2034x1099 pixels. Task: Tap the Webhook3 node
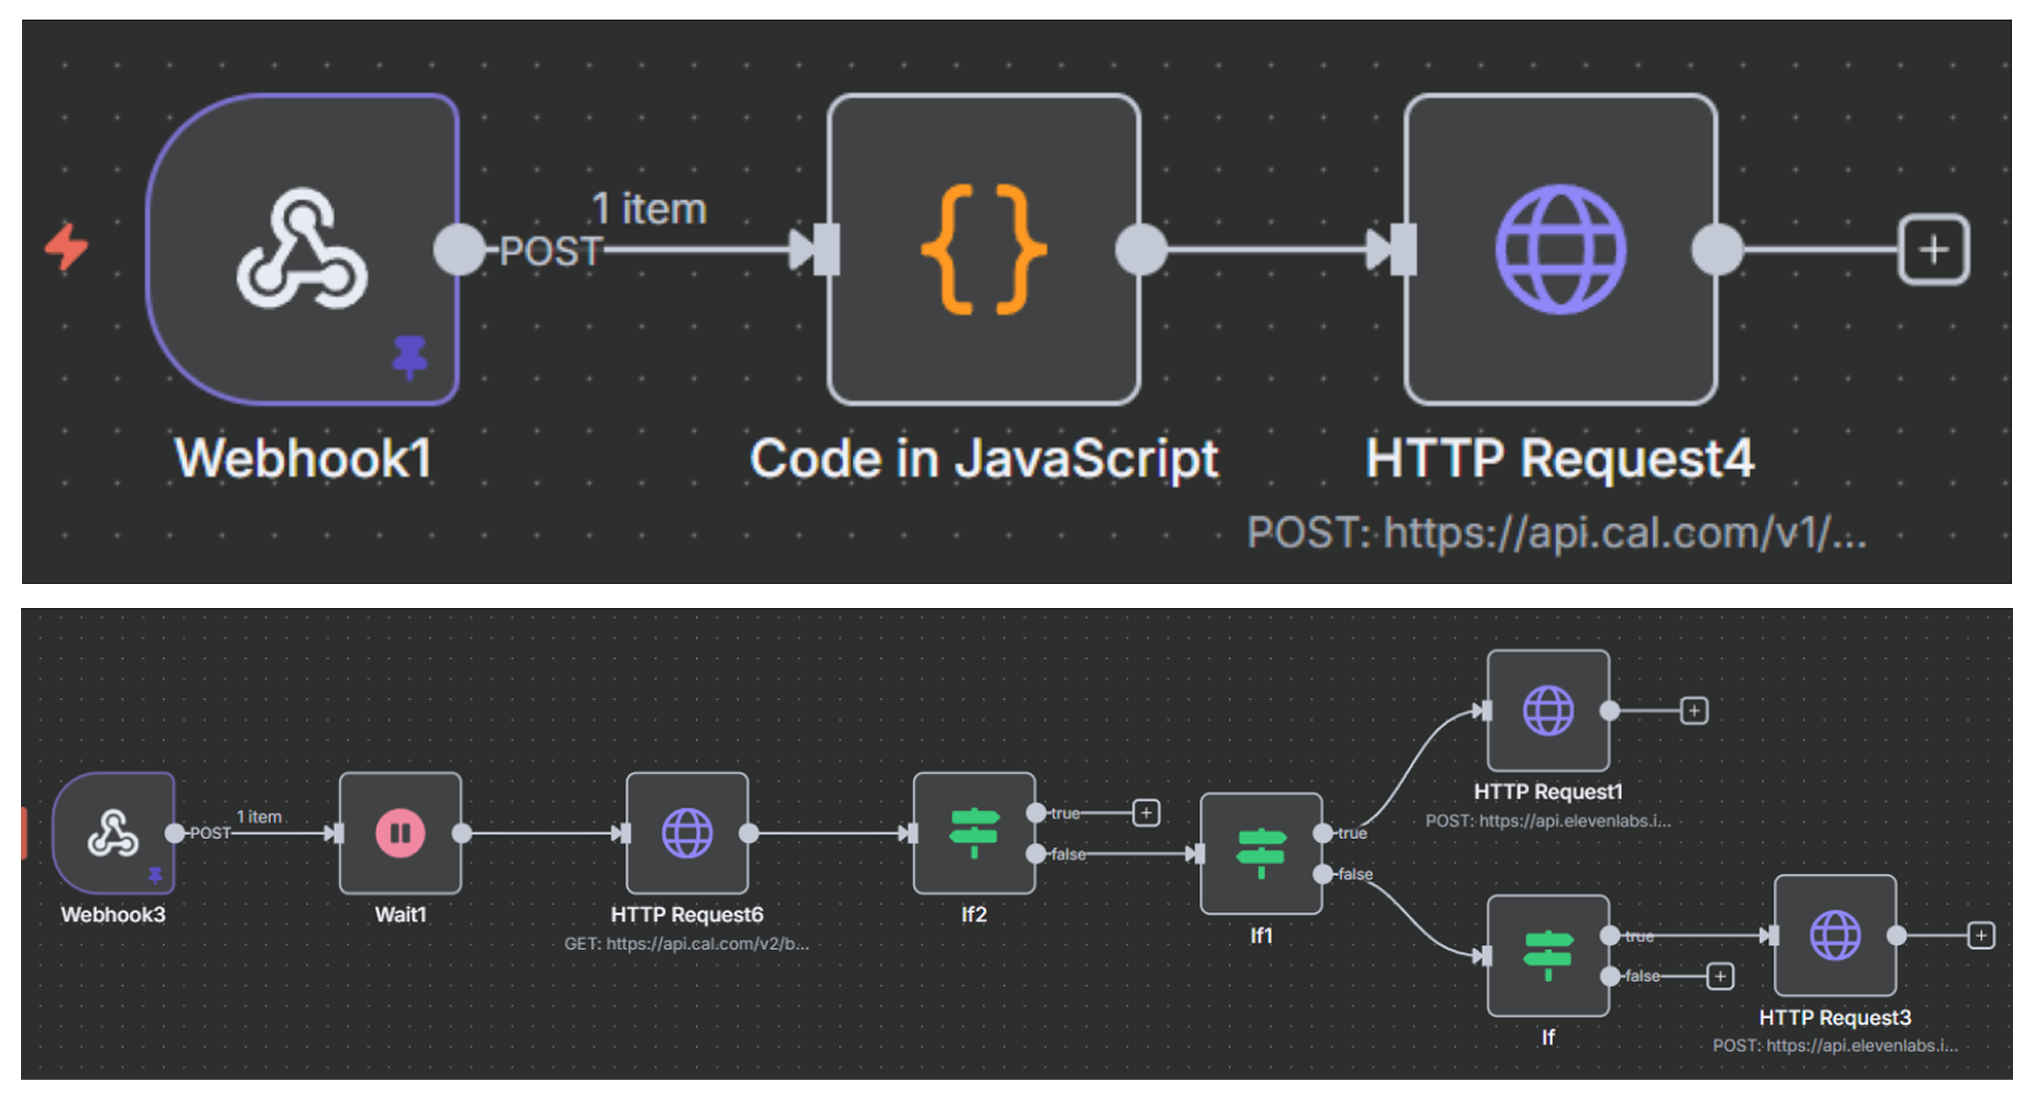tap(114, 833)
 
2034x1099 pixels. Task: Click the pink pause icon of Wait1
tap(400, 833)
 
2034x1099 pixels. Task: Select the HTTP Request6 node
tap(687, 833)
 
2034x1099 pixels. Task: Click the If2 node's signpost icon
tap(973, 833)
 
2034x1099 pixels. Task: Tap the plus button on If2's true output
tap(1146, 812)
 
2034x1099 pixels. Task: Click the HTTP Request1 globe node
tap(1548, 711)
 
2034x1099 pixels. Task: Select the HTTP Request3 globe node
tap(1835, 935)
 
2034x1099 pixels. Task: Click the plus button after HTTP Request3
tap(1980, 935)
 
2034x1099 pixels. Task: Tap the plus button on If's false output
tap(1720, 977)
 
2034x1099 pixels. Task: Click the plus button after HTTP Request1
tap(1694, 711)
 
